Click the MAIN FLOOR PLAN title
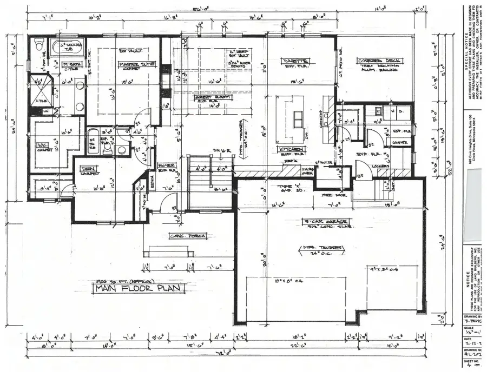tap(139, 289)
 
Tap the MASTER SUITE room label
tap(136, 64)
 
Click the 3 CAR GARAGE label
tap(327, 221)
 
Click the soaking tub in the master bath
tap(68, 47)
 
